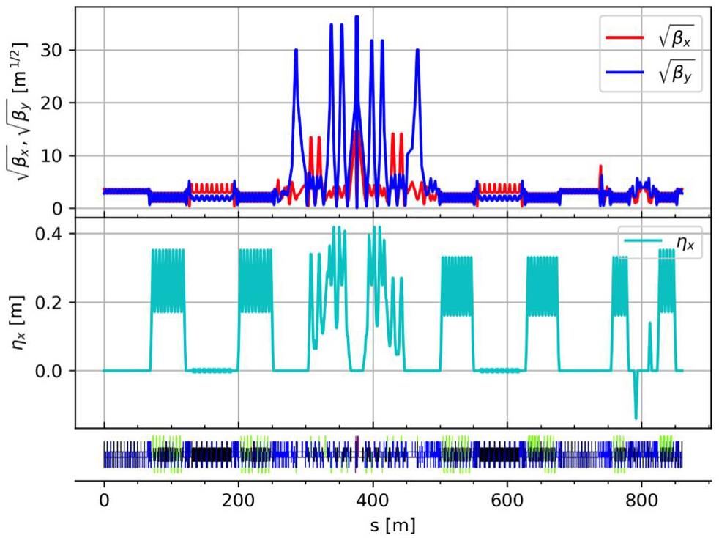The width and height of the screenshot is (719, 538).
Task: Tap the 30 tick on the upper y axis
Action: pos(61,50)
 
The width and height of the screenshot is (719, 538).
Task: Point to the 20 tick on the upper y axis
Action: pos(61,103)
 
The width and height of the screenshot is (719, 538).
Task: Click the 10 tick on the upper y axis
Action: pos(61,155)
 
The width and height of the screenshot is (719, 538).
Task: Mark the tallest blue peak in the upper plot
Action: pos(357,17)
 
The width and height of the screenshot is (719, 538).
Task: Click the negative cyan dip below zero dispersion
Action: pos(636,417)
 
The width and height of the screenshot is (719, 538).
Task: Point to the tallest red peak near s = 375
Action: pos(356,132)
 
